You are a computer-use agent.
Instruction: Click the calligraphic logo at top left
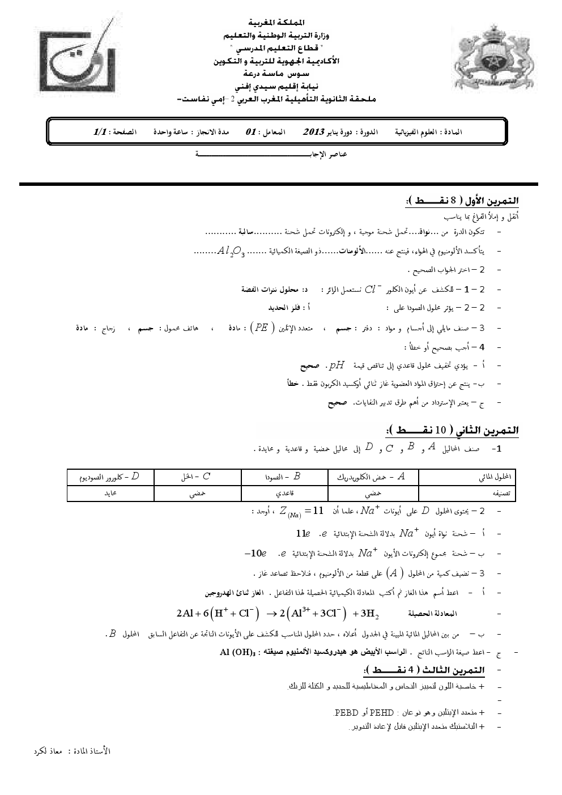79,61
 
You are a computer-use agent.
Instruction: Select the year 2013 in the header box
313,131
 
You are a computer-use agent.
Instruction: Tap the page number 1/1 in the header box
100,131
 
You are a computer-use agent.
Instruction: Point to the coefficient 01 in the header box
250,131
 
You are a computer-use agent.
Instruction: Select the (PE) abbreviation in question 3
261,327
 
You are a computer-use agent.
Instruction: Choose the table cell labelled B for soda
285,477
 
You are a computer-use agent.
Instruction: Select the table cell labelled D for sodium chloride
111,477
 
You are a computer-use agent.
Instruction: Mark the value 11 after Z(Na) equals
318,511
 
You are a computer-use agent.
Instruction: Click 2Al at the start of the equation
186,613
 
